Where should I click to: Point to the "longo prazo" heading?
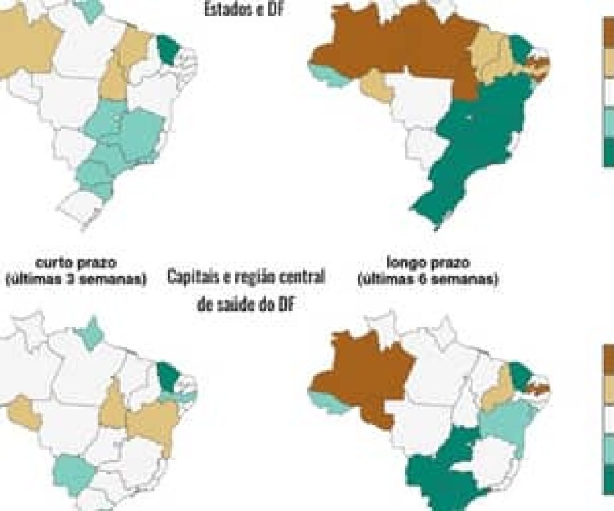[428, 263]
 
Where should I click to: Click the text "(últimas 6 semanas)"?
[428, 279]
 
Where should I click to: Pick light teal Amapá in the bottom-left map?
[90, 335]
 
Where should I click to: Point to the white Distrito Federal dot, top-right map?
[468, 118]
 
